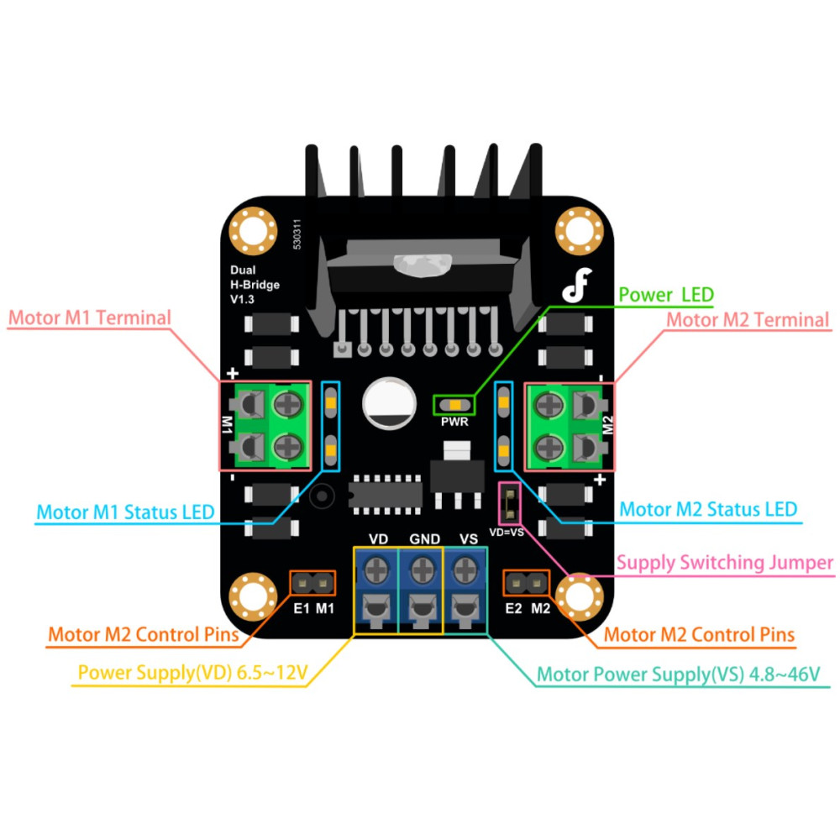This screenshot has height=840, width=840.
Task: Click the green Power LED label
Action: tap(666, 295)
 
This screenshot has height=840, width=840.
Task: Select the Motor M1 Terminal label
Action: tap(90, 318)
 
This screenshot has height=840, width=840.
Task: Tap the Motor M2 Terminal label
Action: tap(748, 320)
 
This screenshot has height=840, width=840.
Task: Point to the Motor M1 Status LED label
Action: tap(125, 512)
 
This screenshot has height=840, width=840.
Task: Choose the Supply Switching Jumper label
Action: tap(725, 563)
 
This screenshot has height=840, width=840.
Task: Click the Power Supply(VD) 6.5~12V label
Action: tap(193, 672)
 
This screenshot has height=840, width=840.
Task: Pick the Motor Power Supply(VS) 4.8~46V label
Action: tap(678, 674)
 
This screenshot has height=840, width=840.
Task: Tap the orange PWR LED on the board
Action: tap(454, 405)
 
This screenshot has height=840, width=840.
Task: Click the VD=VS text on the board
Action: tap(507, 533)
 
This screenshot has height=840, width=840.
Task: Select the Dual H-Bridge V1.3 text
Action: tap(255, 285)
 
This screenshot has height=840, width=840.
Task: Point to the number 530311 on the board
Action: tap(297, 234)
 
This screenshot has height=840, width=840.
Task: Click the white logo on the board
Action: tap(577, 285)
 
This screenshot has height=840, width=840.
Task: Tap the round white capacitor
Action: tap(390, 403)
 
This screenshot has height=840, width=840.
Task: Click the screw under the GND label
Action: tap(423, 570)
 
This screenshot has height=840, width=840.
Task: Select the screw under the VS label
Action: tap(466, 570)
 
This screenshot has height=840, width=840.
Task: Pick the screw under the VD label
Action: tap(377, 570)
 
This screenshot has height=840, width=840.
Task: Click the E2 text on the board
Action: tap(514, 608)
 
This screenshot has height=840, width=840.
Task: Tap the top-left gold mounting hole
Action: tap(253, 231)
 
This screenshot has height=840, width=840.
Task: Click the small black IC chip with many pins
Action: tap(386, 494)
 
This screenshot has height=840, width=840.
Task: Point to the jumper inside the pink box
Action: tap(510, 503)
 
